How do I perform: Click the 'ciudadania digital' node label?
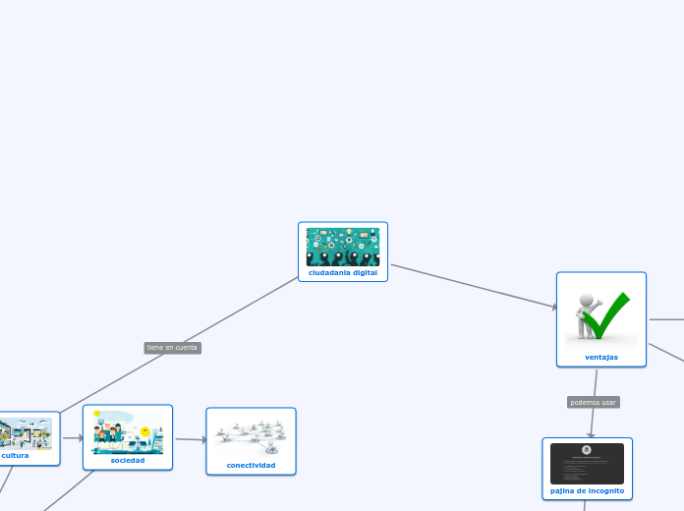click(x=342, y=272)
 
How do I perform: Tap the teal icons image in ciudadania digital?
click(x=342, y=247)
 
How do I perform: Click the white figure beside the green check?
click(x=588, y=312)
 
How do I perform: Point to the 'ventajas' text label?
click(x=601, y=357)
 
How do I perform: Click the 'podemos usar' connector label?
click(x=594, y=402)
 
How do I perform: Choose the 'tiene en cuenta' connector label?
click(x=172, y=347)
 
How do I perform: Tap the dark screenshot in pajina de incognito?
click(x=587, y=463)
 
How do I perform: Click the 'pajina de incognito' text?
click(x=587, y=490)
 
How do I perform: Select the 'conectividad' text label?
click(x=251, y=465)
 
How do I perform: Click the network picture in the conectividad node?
click(x=251, y=433)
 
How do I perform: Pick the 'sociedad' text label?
click(x=128, y=460)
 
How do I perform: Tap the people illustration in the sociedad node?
click(x=128, y=431)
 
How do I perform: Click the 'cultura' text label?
click(x=16, y=455)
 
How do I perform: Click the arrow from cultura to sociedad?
click(x=72, y=438)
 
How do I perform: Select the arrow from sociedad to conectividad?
click(x=190, y=439)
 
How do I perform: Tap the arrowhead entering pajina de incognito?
click(x=592, y=433)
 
